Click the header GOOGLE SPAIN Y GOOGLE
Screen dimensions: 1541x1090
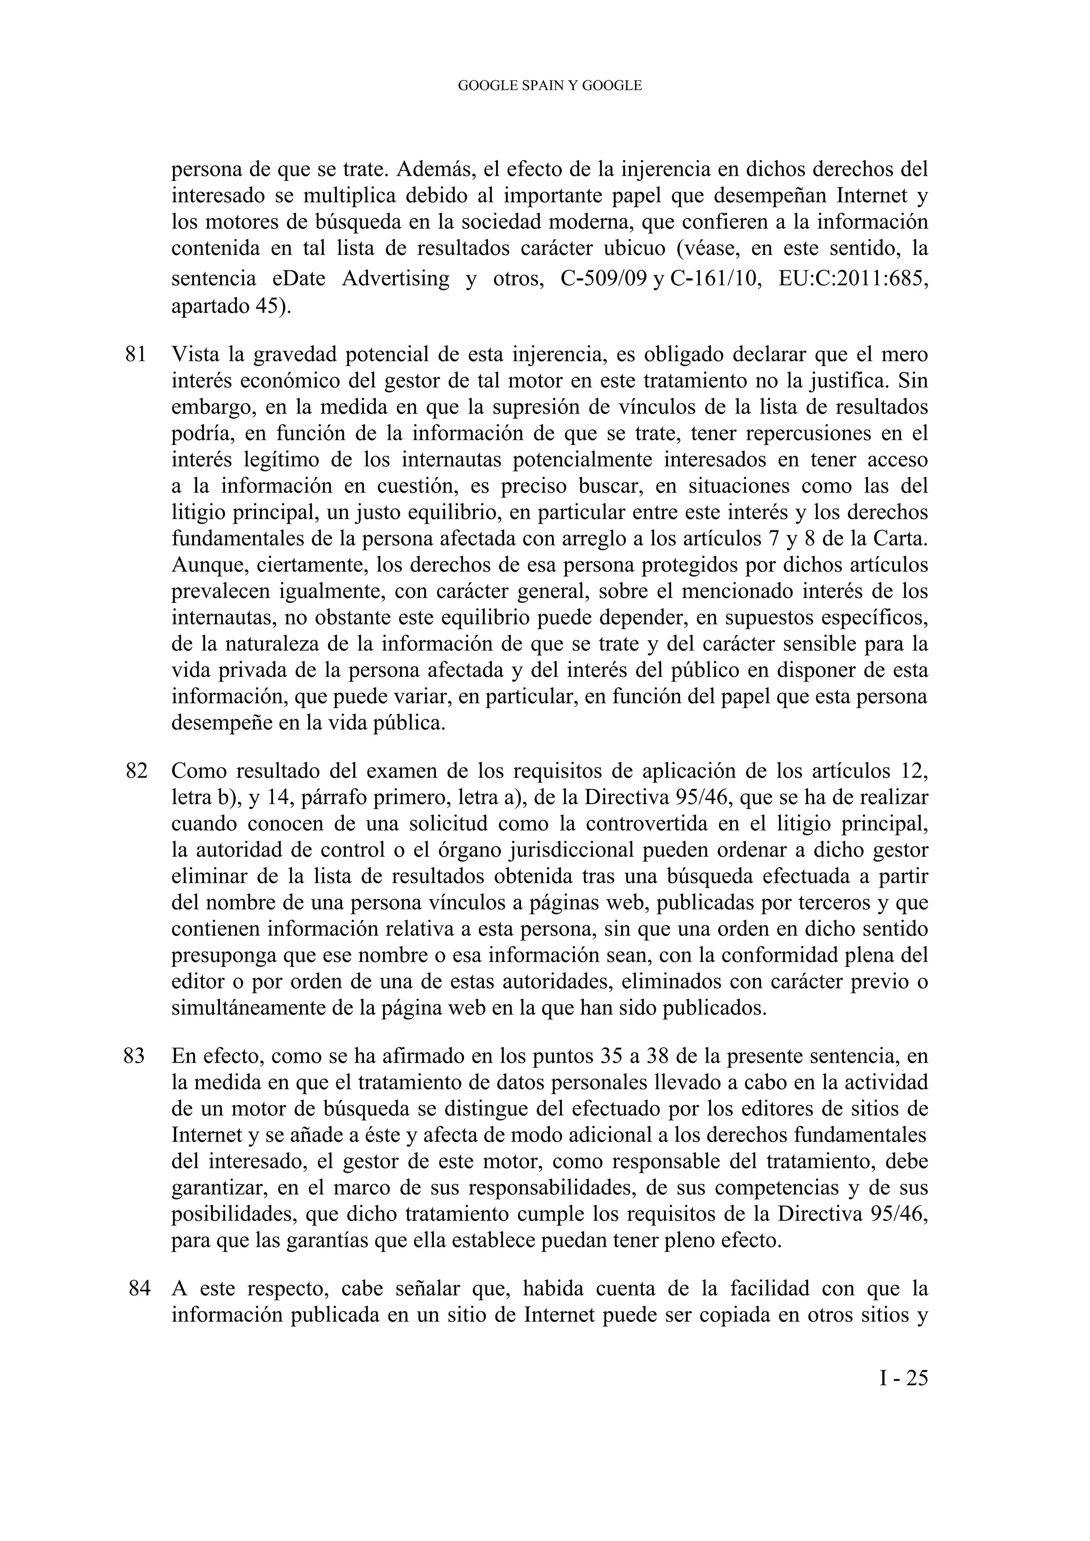[550, 86]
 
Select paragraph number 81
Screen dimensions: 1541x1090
[136, 354]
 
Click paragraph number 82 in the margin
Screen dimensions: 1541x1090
[136, 771]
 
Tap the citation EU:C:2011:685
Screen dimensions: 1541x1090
[854, 278]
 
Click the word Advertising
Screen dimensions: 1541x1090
[395, 278]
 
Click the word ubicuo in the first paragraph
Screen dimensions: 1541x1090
[635, 249]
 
